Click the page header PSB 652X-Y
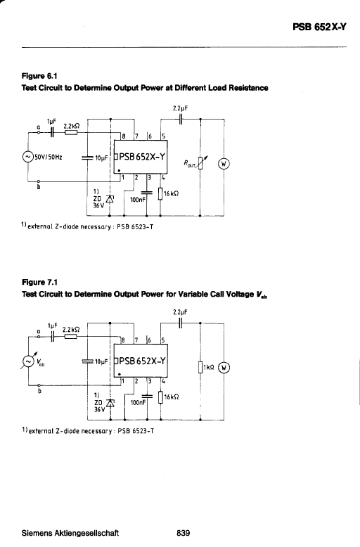(319, 27)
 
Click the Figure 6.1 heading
(39, 76)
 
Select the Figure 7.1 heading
(39, 282)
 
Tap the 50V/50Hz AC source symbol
(27, 157)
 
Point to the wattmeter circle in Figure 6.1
(224, 164)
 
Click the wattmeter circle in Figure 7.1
(224, 367)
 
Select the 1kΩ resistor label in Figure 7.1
(209, 367)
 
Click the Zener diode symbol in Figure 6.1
(110, 199)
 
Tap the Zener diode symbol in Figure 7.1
(110, 404)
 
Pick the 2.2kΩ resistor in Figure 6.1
(71, 133)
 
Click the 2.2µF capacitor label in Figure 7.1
(180, 312)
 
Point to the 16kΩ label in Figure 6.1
(172, 193)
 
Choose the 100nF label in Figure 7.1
(138, 403)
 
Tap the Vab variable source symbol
(27, 361)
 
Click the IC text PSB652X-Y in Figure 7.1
(142, 361)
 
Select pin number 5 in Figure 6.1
(163, 136)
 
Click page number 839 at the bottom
(184, 533)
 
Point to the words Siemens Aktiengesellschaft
(70, 533)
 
